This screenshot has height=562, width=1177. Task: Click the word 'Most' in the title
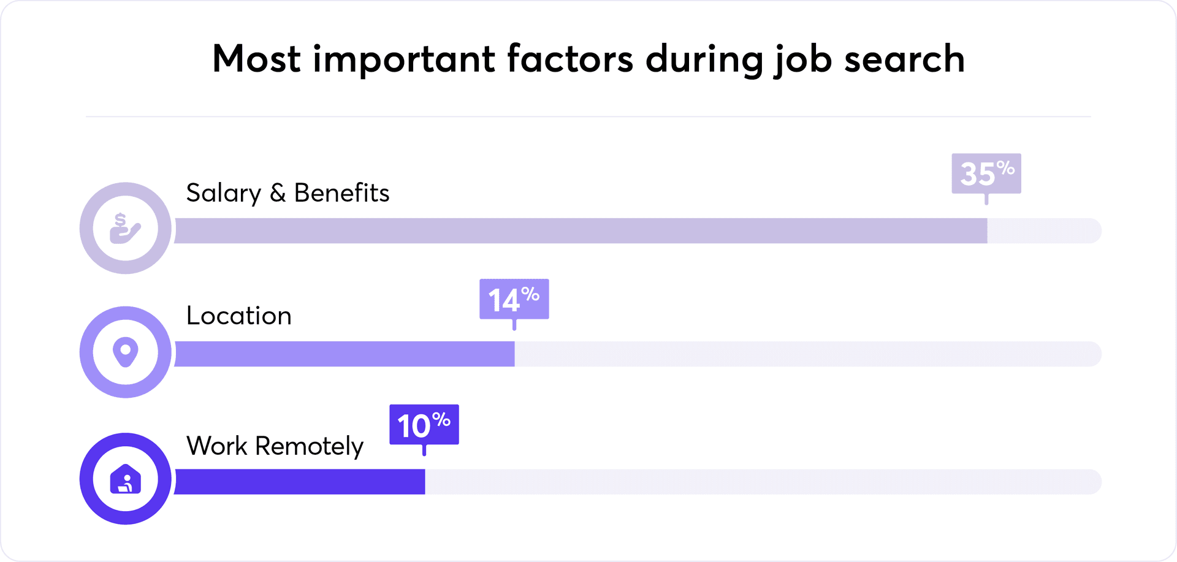click(x=256, y=59)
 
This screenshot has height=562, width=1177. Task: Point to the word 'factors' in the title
click(x=569, y=59)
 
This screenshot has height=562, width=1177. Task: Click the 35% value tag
click(x=986, y=173)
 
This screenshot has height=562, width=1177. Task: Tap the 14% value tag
click(x=514, y=299)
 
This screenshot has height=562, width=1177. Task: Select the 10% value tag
click(x=424, y=425)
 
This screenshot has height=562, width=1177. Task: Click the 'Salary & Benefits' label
click(x=288, y=193)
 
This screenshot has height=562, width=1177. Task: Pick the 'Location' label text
click(x=238, y=316)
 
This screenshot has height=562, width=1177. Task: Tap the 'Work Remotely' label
click(x=275, y=446)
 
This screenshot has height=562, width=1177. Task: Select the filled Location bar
click(x=345, y=354)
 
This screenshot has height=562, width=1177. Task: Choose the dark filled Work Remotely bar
click(x=300, y=482)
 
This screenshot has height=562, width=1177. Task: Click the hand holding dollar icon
click(x=125, y=228)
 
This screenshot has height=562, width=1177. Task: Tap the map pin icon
click(x=125, y=352)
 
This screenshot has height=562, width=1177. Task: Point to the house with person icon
click(x=125, y=479)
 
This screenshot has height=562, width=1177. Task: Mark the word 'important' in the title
click(x=404, y=59)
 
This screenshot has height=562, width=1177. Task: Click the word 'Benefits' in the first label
click(x=341, y=193)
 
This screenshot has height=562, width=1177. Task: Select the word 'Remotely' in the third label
click(x=309, y=446)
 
